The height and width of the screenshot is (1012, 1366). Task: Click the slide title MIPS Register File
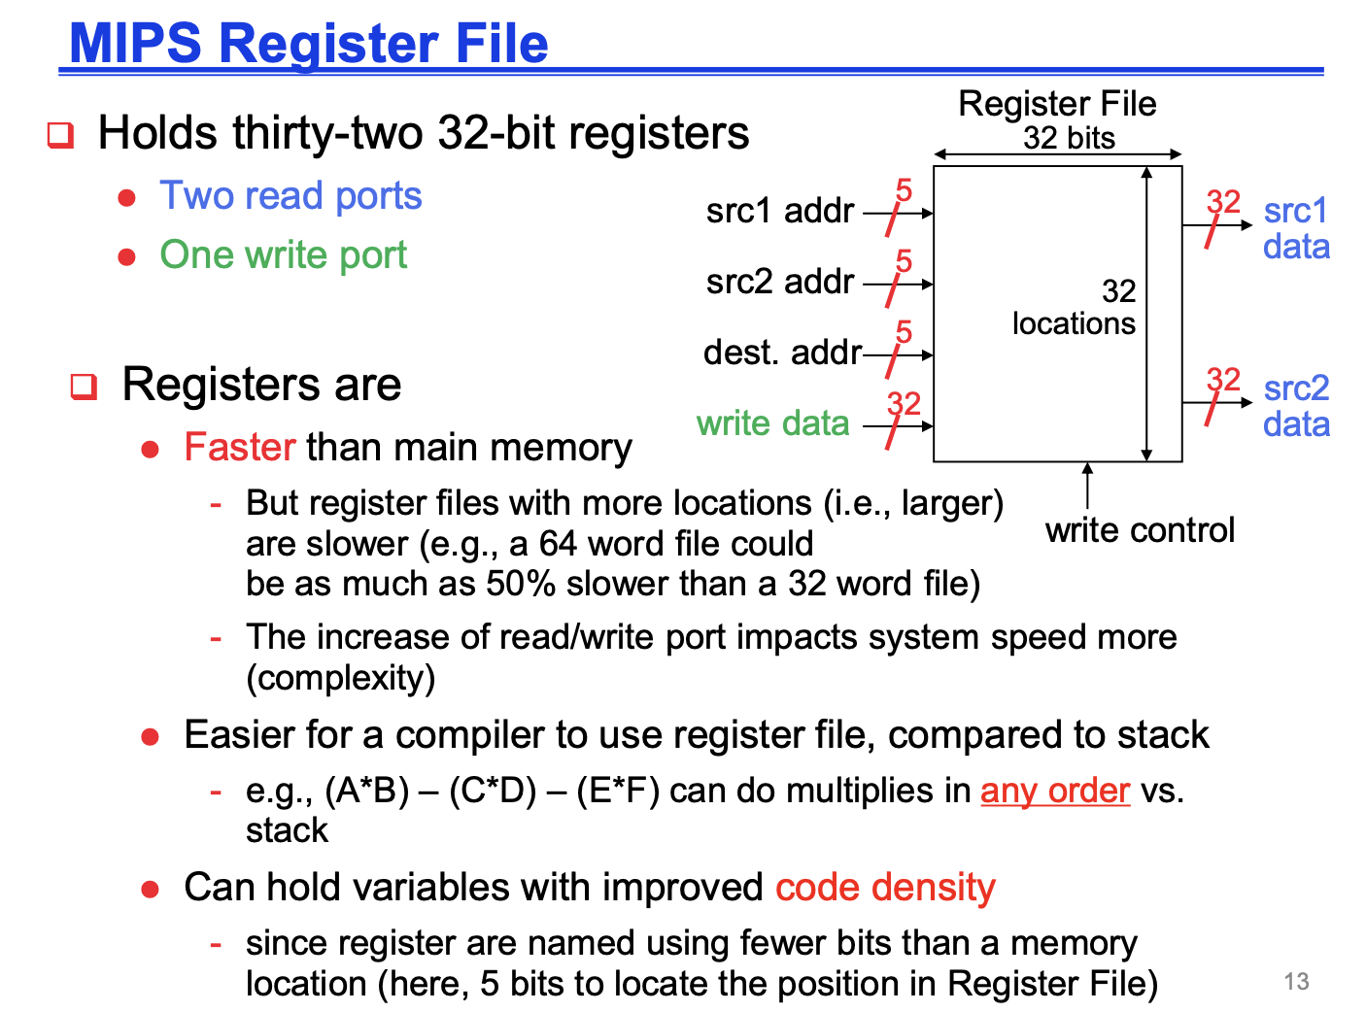(309, 43)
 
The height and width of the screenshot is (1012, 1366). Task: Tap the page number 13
(1296, 981)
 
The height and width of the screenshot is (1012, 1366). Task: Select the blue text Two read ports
(290, 196)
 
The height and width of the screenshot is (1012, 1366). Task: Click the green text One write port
(283, 254)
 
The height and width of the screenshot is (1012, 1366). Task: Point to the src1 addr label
(780, 211)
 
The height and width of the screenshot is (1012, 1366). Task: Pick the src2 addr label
(780, 282)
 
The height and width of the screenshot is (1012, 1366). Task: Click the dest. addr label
(782, 353)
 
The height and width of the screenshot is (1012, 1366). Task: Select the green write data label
(772, 423)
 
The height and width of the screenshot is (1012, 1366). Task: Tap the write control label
(1140, 530)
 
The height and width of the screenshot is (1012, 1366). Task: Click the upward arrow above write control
(1087, 486)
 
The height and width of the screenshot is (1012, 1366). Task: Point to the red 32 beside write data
(904, 404)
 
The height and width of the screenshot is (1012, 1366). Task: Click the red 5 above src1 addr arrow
(904, 190)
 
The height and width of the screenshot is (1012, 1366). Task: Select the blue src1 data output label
(1296, 228)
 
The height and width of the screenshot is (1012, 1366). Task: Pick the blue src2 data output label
(1296, 406)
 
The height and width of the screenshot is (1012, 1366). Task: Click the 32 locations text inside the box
(1074, 307)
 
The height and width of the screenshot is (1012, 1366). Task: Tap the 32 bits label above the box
(1069, 138)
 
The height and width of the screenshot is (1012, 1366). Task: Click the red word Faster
(240, 447)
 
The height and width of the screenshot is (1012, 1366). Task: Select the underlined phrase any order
(1055, 791)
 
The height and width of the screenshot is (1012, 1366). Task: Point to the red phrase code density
(885, 888)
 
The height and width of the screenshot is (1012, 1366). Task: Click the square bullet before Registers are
(84, 387)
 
